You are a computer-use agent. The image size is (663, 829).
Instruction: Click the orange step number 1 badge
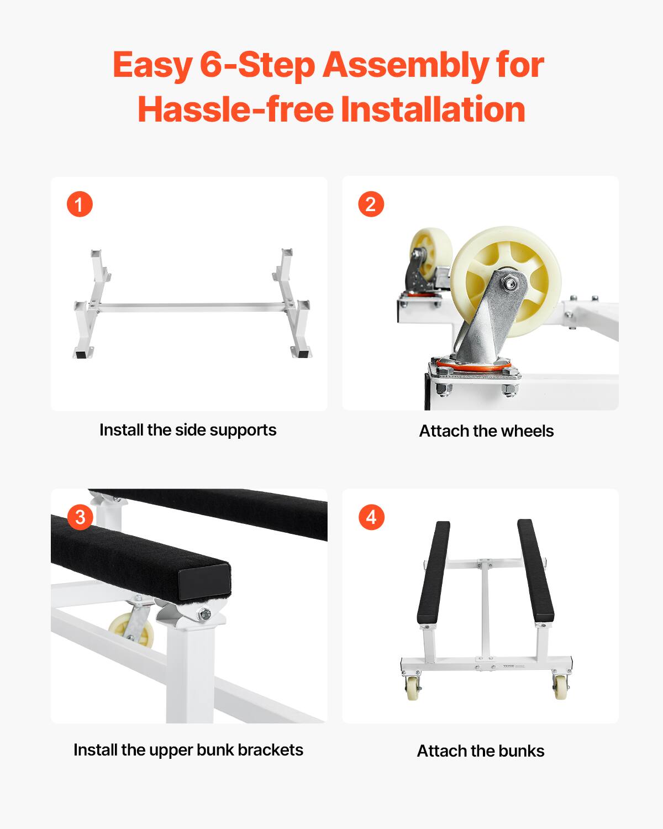coord(80,204)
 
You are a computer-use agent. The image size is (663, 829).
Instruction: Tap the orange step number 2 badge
coord(371,204)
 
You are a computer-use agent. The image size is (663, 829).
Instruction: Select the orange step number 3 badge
coord(80,517)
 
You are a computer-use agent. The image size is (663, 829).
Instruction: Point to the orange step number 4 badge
coord(371,517)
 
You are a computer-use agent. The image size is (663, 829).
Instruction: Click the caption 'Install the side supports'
coord(188,430)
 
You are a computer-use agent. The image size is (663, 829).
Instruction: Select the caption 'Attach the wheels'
coord(486,431)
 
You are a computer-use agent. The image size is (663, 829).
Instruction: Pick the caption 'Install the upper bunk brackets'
coord(188,750)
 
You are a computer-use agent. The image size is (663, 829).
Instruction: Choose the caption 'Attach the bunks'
coord(481,751)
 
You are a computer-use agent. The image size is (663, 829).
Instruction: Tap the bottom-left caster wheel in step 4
coord(412,688)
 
